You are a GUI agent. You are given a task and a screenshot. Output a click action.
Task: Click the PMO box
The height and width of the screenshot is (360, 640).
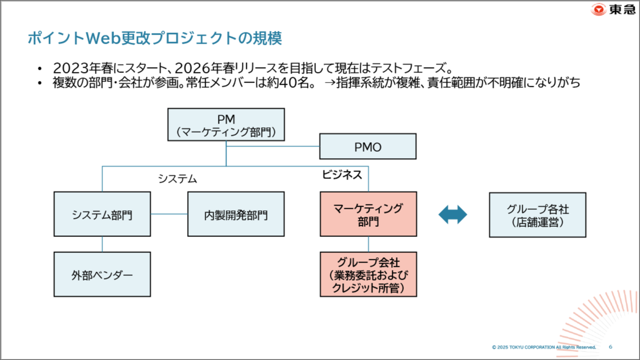click(368, 146)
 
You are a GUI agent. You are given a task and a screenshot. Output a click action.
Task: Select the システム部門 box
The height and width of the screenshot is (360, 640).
click(102, 215)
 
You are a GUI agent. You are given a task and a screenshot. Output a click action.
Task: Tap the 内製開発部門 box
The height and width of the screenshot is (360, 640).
click(236, 215)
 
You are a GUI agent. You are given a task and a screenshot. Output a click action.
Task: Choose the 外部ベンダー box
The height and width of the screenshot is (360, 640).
click(102, 275)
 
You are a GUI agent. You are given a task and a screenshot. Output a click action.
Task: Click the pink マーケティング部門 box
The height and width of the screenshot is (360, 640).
click(368, 214)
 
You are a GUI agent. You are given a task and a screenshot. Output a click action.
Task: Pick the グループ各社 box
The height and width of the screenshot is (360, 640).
click(537, 215)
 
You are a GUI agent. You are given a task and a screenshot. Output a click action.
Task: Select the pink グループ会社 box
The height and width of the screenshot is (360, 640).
click(368, 275)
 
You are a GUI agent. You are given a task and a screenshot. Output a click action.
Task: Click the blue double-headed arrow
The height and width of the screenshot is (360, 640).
click(452, 215)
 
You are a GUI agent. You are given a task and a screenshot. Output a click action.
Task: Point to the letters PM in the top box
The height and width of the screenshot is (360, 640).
click(226, 119)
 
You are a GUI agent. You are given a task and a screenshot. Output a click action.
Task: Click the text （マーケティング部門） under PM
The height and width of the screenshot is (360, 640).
click(226, 132)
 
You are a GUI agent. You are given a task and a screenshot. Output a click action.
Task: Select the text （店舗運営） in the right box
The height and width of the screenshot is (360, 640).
click(537, 222)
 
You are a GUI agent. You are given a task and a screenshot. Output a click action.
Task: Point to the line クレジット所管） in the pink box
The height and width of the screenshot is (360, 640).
click(368, 288)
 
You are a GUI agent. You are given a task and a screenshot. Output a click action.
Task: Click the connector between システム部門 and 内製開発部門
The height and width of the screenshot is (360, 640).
click(169, 214)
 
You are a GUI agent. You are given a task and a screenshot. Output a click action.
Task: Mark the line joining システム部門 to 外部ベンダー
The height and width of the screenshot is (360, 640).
click(102, 244)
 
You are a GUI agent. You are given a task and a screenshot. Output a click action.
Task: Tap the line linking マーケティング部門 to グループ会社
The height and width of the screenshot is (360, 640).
click(368, 244)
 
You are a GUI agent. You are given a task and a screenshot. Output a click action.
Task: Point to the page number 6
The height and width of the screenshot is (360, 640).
click(610, 347)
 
